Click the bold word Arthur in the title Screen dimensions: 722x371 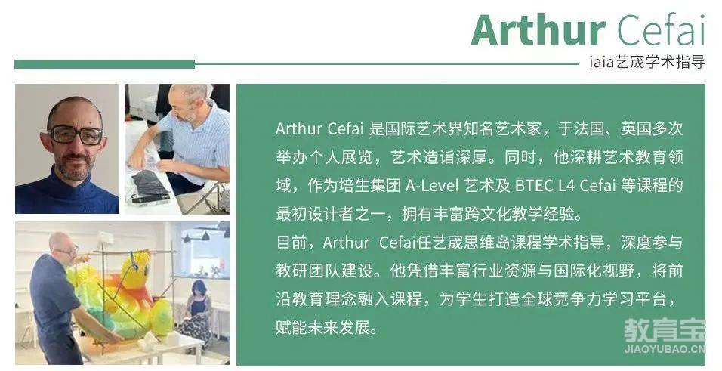(538, 30)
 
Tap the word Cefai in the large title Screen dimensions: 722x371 (662, 30)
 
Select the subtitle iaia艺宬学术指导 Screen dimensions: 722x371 (647, 62)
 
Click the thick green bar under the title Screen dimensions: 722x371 (104, 64)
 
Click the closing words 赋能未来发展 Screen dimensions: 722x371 (322, 327)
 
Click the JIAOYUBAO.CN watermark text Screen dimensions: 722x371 (665, 349)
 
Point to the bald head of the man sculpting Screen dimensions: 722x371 (59, 243)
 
